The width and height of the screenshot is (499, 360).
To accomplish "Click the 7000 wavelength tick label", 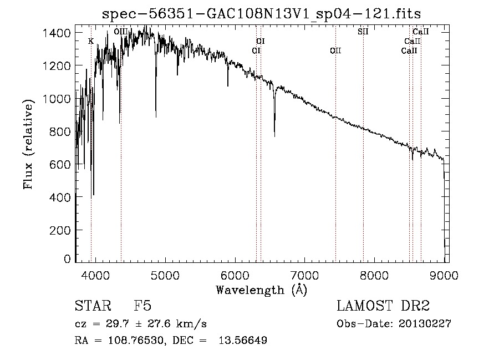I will (304, 275).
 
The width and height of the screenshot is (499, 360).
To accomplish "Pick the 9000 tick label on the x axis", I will (444, 275).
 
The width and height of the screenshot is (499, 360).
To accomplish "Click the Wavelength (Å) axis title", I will (261, 290).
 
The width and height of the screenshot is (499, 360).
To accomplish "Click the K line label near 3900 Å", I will (91, 41).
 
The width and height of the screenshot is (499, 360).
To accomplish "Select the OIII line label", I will (120, 32).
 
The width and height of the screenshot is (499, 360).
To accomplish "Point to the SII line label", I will (363, 32).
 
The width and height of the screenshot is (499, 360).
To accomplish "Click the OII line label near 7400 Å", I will (335, 51).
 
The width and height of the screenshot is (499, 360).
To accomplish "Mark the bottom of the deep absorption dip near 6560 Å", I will (274, 136).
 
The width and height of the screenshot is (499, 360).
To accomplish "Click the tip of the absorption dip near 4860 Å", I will (156, 116).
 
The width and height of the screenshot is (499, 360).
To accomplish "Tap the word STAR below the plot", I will (91, 307).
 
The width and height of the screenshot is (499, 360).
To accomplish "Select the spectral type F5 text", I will (142, 307).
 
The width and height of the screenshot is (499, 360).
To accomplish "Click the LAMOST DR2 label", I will (383, 307).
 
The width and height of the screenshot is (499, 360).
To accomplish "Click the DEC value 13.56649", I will (243, 341).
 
